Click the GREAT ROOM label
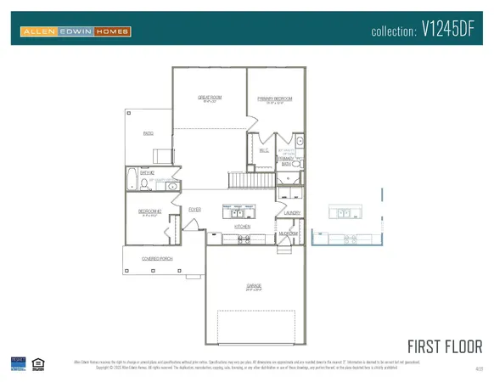tap(209, 98)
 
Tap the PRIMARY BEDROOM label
tap(275, 98)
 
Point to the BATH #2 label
tap(146, 172)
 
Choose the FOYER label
tap(194, 209)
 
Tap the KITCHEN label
tap(242, 228)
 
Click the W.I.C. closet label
tap(263, 151)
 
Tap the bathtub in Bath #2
tap(131, 179)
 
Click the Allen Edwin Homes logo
tap(75, 32)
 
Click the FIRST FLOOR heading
tap(445, 345)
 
